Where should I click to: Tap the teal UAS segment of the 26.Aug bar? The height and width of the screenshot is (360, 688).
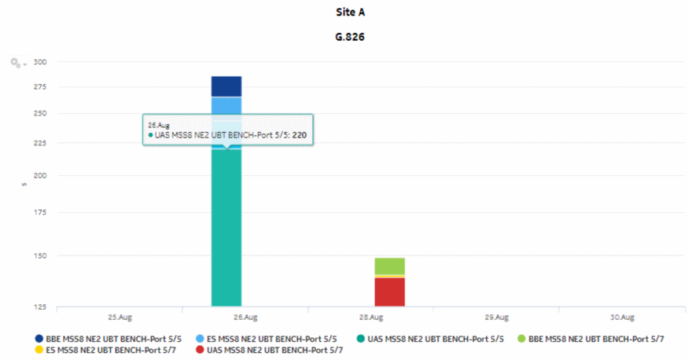coord(226,236)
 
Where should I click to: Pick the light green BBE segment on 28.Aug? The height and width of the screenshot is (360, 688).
coord(389,266)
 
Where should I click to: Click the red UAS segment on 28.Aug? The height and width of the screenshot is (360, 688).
coord(389,292)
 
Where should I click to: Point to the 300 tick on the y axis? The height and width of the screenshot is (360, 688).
coord(40,62)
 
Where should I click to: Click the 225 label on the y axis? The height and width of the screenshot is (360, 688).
coord(40,143)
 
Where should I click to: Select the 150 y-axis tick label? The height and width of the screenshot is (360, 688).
coord(40,255)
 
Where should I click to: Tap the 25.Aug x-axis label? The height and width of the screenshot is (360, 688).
coord(119,318)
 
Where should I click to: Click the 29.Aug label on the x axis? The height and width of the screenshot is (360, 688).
coord(495,318)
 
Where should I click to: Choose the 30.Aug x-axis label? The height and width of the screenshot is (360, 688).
coord(621,318)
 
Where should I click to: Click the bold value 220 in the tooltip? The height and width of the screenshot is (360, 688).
coord(299,135)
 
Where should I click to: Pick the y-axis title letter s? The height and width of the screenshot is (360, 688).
coord(24,184)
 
